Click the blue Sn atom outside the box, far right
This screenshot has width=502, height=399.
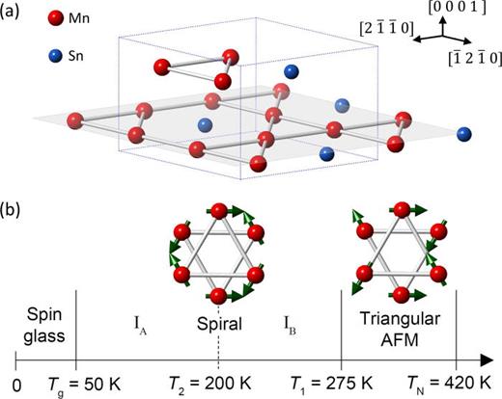click(464, 133)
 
